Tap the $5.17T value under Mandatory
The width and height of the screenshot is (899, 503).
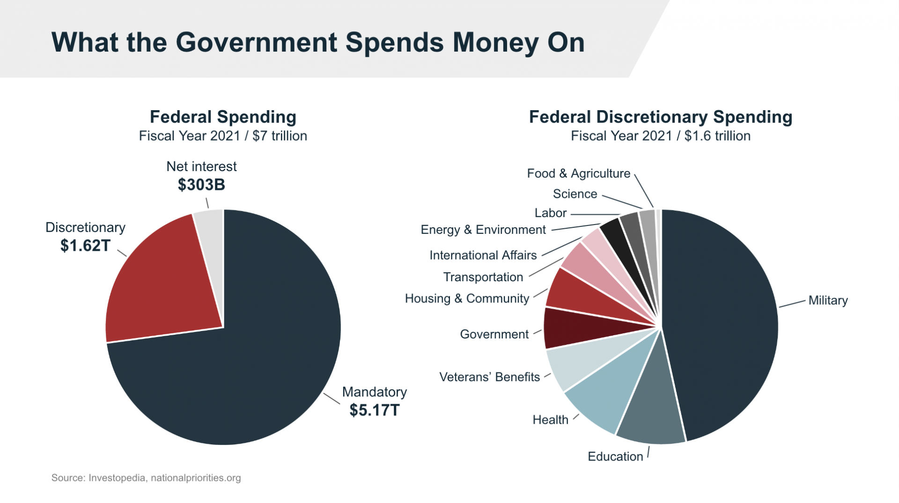tap(374, 410)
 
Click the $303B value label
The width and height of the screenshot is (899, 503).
tap(201, 185)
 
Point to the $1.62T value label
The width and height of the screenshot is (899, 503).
tap(85, 246)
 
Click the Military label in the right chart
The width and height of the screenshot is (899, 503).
tap(828, 300)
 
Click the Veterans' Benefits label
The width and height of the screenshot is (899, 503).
tap(489, 377)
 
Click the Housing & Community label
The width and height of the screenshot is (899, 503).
tap(467, 299)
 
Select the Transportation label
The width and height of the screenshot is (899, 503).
tap(483, 277)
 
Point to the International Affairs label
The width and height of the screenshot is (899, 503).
tap(483, 255)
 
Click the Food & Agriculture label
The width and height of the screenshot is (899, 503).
tap(578, 173)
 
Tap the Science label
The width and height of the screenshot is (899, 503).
tap(575, 194)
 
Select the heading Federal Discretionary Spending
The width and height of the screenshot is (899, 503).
tap(660, 117)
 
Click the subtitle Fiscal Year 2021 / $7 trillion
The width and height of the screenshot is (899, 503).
tap(223, 136)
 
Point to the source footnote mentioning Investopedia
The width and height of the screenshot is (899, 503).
tap(146, 478)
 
